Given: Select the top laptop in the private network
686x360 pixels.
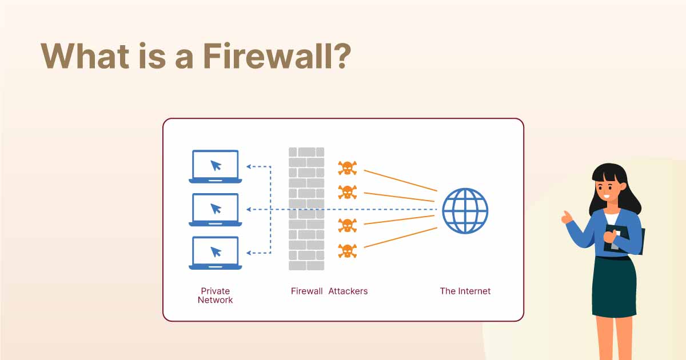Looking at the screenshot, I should (x=216, y=166).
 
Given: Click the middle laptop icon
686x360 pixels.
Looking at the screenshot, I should (x=216, y=210).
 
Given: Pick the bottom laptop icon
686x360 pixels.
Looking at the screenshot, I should (x=216, y=253).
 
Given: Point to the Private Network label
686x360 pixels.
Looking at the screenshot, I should (x=216, y=295).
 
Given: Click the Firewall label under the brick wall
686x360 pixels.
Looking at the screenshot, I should (x=307, y=291).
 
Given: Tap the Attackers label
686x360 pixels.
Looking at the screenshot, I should (x=348, y=291).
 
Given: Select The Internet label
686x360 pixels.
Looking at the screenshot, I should (x=465, y=291).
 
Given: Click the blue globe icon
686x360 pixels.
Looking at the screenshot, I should (x=465, y=210).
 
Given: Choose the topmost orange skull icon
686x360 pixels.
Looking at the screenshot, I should (x=346, y=168).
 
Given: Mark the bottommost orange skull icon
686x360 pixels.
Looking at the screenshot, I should (x=346, y=250).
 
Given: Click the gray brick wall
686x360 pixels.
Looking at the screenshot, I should (x=306, y=209).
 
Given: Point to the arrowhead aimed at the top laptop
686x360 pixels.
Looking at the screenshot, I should (x=249, y=166).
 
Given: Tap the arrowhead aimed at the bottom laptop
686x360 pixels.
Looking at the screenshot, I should (x=249, y=253).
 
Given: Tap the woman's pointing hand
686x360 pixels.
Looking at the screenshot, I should (x=566, y=218).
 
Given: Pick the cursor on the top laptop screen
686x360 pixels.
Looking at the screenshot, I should (x=216, y=165).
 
